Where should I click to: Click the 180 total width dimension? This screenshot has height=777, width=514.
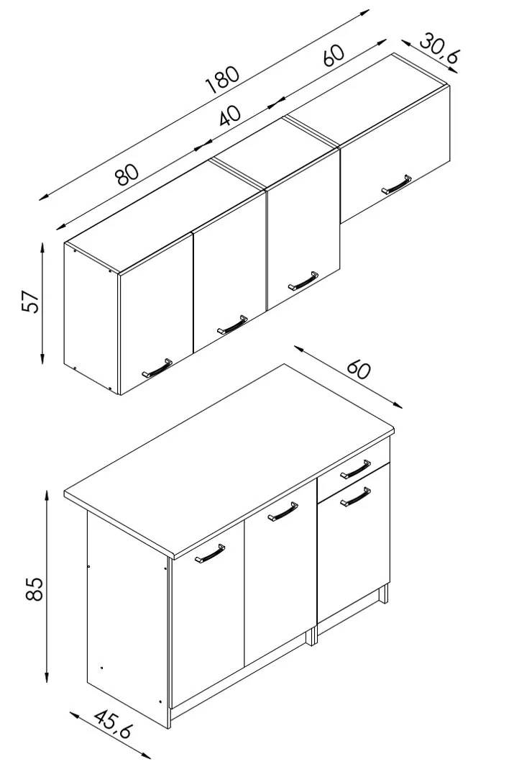[223, 80]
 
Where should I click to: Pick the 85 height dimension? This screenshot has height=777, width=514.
[35, 588]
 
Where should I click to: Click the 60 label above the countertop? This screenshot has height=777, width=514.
[359, 368]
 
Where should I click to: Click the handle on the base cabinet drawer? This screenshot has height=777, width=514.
[356, 469]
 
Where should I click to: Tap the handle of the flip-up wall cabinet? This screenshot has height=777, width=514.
[397, 184]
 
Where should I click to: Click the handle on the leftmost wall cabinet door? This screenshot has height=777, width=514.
[157, 367]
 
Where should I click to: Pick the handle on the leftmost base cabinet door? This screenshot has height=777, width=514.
[210, 553]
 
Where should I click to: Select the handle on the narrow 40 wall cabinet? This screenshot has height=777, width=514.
[303, 280]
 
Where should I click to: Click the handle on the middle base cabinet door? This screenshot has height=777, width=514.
[283, 512]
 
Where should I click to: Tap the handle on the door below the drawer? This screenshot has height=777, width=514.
[356, 497]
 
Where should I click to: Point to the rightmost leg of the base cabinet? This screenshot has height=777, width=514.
[383, 594]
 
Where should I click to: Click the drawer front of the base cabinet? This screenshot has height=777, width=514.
[353, 471]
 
